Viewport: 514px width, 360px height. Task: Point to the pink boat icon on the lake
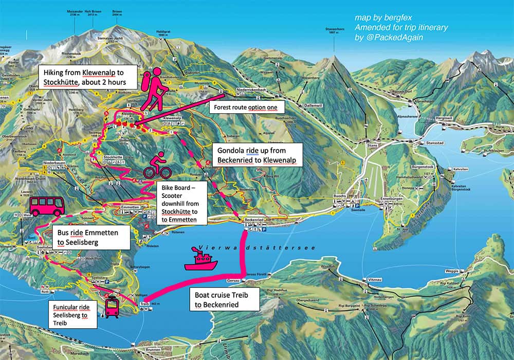200,259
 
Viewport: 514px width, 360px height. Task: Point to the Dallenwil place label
311,104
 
